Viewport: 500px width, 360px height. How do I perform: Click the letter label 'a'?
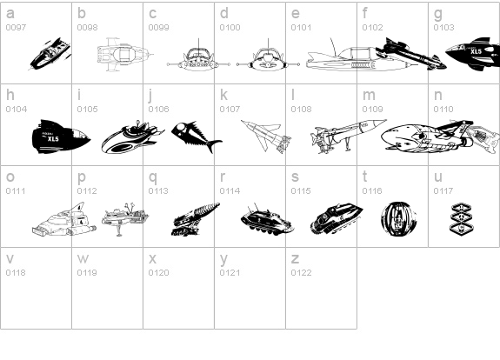10,13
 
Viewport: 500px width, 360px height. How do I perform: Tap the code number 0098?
87,28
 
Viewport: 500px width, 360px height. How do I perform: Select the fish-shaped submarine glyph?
197,137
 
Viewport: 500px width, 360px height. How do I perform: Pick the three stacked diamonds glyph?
461,218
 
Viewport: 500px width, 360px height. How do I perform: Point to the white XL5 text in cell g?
476,51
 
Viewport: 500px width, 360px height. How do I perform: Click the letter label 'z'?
295,259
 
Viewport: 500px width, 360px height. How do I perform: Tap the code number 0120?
158,273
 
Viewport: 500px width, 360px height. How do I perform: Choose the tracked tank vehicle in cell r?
267,219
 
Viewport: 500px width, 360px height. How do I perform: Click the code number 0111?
16,191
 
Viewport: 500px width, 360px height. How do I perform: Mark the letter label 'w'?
83,259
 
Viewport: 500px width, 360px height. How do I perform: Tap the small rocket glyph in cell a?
50,54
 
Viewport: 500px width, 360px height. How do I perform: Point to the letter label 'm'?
369,96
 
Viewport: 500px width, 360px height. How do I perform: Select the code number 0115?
301,191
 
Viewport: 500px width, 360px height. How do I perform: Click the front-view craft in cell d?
268,57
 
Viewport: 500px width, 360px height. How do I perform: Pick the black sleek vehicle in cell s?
337,219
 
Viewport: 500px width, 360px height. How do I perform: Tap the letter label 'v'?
10,259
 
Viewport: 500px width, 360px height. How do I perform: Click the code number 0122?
301,273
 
